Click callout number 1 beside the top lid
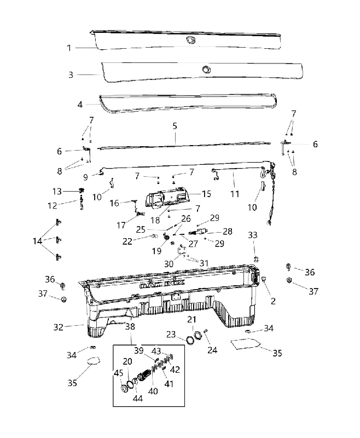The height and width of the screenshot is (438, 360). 69,48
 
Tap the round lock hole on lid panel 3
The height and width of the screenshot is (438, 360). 206,70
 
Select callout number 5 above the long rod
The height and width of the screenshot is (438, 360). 175,126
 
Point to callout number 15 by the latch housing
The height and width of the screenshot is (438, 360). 206,194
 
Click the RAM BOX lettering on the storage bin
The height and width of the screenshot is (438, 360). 162,285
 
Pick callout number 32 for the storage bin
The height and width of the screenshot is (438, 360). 59,327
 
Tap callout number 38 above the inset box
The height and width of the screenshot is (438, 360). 130,326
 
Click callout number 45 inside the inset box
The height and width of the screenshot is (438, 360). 118,373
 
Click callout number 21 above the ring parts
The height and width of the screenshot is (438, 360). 191,319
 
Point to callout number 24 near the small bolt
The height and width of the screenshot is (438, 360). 212,350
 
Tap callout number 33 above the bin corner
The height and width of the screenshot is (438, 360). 253,235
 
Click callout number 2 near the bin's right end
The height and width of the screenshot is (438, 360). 273,301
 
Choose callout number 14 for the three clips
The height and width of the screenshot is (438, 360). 37,241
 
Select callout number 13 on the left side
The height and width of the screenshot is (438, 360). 57,191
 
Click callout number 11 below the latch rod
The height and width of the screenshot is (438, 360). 235,194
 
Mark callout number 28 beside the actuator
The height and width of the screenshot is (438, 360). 228,231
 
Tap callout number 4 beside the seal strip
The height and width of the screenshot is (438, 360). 80,105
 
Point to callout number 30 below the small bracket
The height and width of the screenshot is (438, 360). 169,264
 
